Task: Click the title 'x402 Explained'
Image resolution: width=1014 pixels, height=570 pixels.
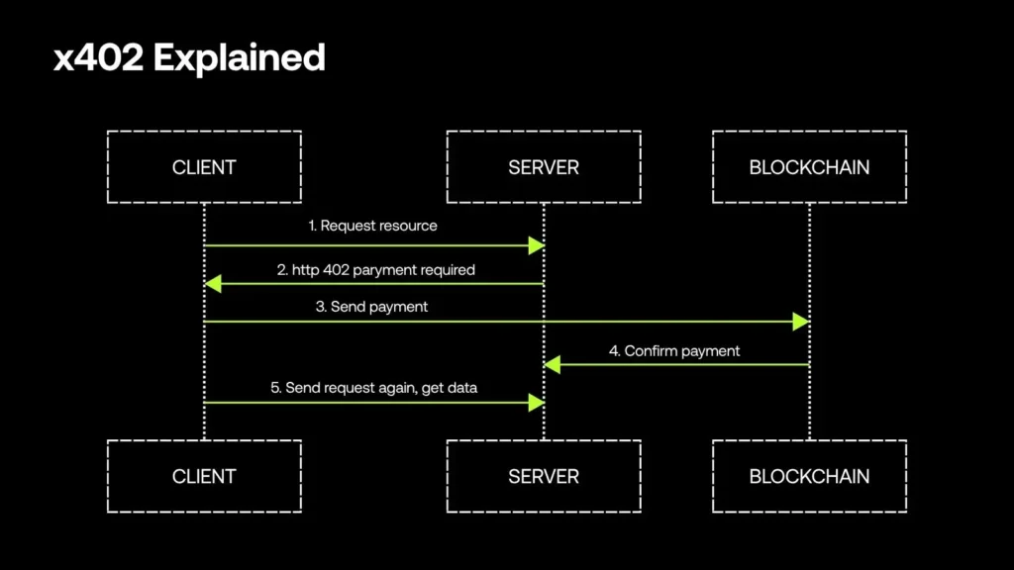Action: tap(189, 58)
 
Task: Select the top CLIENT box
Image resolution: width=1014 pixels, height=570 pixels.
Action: tap(204, 166)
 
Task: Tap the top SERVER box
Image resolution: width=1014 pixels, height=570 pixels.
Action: tap(543, 166)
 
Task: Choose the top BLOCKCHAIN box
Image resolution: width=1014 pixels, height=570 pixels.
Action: tap(809, 166)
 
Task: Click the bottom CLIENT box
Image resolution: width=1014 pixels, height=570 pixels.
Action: tap(204, 476)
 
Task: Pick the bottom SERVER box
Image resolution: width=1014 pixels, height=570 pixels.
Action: tap(543, 476)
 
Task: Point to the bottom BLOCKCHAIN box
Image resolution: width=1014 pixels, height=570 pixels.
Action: tap(809, 476)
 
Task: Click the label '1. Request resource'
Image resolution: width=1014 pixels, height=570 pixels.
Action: tap(372, 226)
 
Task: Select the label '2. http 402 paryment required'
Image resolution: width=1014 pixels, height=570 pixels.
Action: tap(375, 269)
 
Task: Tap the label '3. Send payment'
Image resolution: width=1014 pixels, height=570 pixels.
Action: tap(371, 307)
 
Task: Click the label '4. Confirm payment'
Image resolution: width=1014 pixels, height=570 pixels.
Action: tap(673, 350)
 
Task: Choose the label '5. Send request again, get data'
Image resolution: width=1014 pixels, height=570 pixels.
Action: tap(374, 388)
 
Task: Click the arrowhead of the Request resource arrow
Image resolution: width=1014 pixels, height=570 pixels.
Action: tap(537, 244)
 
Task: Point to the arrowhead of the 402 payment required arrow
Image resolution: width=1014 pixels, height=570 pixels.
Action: tap(212, 284)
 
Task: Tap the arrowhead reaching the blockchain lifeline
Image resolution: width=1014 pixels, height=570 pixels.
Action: tap(801, 322)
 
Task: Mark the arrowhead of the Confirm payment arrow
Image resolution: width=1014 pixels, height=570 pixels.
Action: tap(553, 365)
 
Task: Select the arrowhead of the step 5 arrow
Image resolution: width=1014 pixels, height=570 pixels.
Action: tap(537, 403)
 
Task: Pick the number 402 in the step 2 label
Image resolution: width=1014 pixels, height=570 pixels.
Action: tap(335, 269)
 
